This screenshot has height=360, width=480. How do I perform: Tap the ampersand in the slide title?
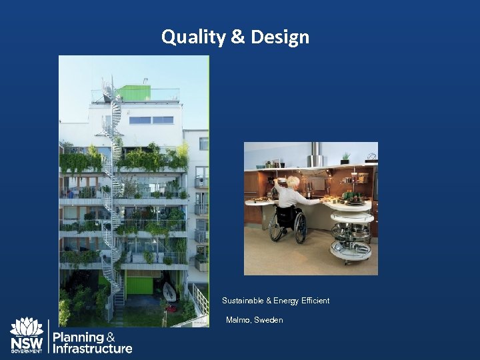[x=238, y=37]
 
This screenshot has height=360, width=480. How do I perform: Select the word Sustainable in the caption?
[x=243, y=301]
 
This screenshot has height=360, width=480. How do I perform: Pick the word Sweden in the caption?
[x=269, y=320]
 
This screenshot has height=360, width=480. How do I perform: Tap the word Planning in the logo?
[x=78, y=337]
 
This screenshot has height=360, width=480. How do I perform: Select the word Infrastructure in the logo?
[x=93, y=349]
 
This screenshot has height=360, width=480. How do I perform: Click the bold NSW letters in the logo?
[x=27, y=343]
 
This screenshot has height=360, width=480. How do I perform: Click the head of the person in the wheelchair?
[x=293, y=182]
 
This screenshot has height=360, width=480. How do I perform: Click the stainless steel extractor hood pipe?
[x=317, y=155]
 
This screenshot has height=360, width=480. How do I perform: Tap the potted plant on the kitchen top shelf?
[x=345, y=158]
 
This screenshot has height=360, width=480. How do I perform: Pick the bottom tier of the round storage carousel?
[x=351, y=250]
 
